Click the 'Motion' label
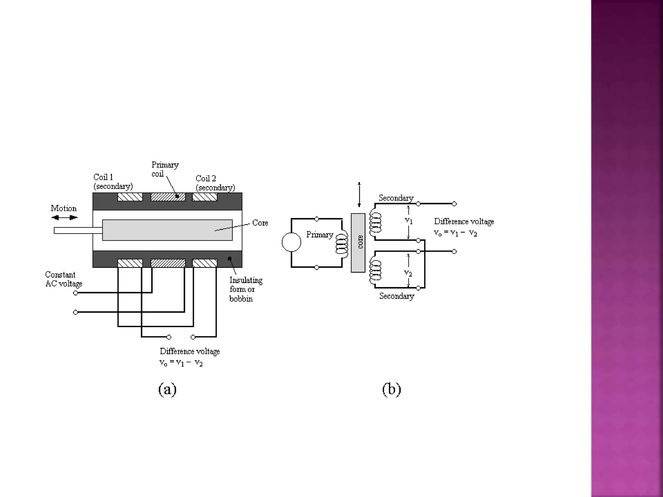pyautogui.click(x=64, y=208)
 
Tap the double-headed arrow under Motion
pyautogui.click(x=64, y=217)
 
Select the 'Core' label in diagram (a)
pyautogui.click(x=260, y=223)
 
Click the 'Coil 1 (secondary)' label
pyautogui.click(x=113, y=182)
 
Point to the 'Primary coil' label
pyautogui.click(x=165, y=169)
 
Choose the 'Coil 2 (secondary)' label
pyautogui.click(x=215, y=183)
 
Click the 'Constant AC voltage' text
pyautogui.click(x=63, y=279)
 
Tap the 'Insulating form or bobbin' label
pyautogui.click(x=246, y=289)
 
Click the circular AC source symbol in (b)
pyautogui.click(x=291, y=242)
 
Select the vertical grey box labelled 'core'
pyautogui.click(x=358, y=243)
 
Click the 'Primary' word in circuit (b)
pyautogui.click(x=320, y=235)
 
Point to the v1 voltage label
pyautogui.click(x=409, y=221)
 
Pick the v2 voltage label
pyautogui.click(x=408, y=273)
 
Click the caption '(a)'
pyautogui.click(x=167, y=389)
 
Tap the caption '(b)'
pyautogui.click(x=391, y=389)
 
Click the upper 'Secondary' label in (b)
pyautogui.click(x=396, y=198)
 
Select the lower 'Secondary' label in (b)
pyautogui.click(x=397, y=296)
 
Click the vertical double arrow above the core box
pyautogui.click(x=359, y=194)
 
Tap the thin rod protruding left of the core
pyautogui.click(x=78, y=230)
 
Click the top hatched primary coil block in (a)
pyautogui.click(x=168, y=197)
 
